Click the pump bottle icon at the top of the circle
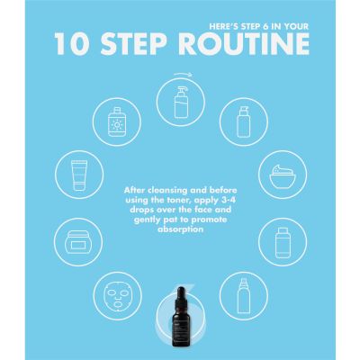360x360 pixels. [x=179, y=97]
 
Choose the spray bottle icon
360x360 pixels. [x=240, y=292]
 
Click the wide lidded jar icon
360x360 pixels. [x=80, y=242]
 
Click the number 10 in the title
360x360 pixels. [x=75, y=45]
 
